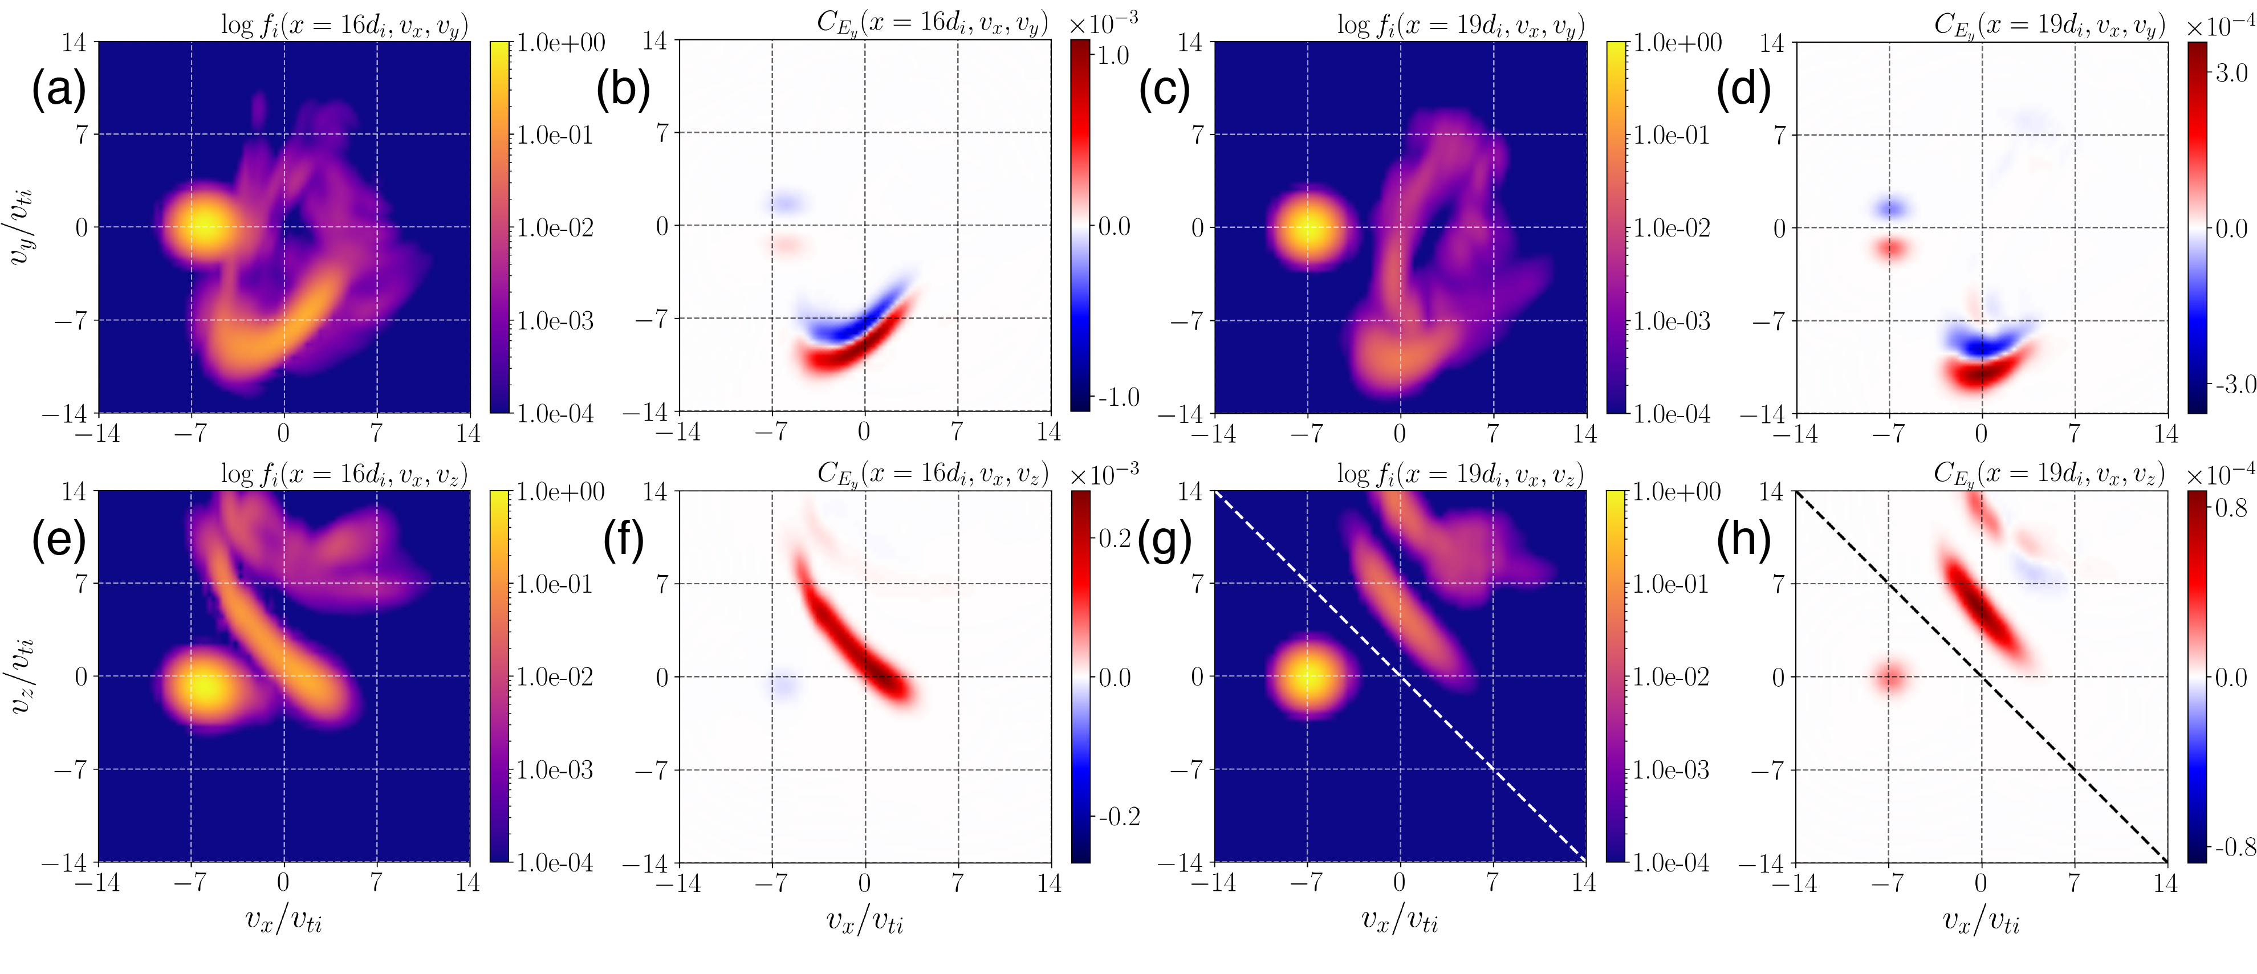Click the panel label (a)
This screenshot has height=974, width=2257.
(59, 89)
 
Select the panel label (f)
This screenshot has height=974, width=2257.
(624, 540)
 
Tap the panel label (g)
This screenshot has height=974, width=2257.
(1165, 540)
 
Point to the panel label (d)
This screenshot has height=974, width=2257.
(1743, 89)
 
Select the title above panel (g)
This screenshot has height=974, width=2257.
(1462, 474)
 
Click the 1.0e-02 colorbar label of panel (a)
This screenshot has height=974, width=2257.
(555, 228)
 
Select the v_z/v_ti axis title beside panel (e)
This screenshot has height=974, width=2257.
(23, 675)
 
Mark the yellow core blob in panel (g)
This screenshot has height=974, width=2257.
(1308, 676)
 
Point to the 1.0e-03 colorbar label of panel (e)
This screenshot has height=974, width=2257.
(555, 770)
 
